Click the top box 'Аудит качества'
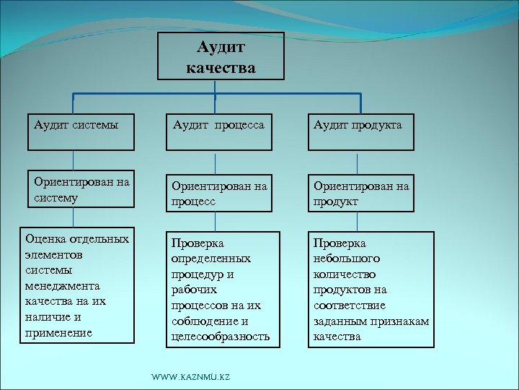click(x=221, y=56)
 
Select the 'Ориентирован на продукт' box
click(x=361, y=193)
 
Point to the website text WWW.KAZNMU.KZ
click(x=190, y=378)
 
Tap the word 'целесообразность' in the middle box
click(x=221, y=337)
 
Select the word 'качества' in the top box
click(x=221, y=69)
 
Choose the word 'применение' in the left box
click(x=58, y=333)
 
